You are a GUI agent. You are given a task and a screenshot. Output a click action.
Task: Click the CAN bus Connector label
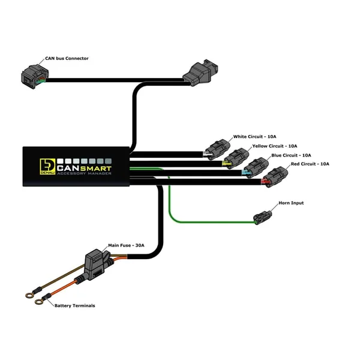coord(67,58)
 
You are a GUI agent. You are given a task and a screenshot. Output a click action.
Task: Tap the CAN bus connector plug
coord(33,76)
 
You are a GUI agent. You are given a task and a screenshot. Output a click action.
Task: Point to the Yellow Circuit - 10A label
coord(275,146)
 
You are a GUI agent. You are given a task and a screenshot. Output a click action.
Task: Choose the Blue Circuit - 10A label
coord(291,155)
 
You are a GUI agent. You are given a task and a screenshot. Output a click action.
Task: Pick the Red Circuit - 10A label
coord(310,164)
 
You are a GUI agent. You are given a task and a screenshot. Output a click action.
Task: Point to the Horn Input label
coord(291,203)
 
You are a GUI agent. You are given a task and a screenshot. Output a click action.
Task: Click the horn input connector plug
coord(263,218)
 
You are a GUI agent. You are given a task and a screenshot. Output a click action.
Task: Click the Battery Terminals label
coord(74,305)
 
